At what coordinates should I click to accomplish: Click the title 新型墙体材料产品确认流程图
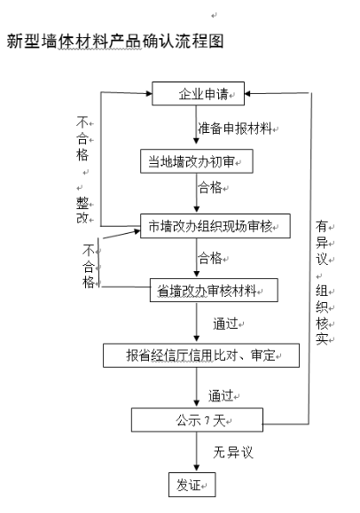click(x=115, y=42)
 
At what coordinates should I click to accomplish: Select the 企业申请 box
click(x=199, y=94)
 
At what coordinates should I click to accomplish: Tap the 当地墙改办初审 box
click(x=197, y=161)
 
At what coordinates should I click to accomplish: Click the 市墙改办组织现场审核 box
click(x=215, y=226)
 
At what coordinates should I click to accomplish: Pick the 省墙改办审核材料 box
click(x=214, y=291)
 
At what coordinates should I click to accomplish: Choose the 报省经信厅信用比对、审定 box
click(x=201, y=355)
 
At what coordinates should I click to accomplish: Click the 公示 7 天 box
click(x=197, y=420)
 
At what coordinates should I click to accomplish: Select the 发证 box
click(x=192, y=485)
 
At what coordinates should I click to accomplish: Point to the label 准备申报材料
click(x=235, y=128)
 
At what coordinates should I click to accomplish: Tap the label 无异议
click(x=233, y=452)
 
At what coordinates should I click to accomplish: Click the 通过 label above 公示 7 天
click(x=221, y=395)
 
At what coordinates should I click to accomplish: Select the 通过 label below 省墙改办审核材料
click(x=225, y=323)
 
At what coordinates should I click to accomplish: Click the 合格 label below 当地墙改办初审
click(x=210, y=188)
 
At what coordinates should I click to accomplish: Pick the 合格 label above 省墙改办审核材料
click(x=210, y=258)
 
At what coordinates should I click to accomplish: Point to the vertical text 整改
click(x=82, y=210)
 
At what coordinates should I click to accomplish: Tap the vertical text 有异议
click(x=322, y=243)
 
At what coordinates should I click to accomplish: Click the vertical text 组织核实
click(x=322, y=314)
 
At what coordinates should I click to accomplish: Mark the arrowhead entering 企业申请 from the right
click(x=247, y=94)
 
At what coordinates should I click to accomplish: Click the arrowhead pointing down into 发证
click(x=197, y=469)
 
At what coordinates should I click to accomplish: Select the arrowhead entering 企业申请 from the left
click(x=149, y=94)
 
